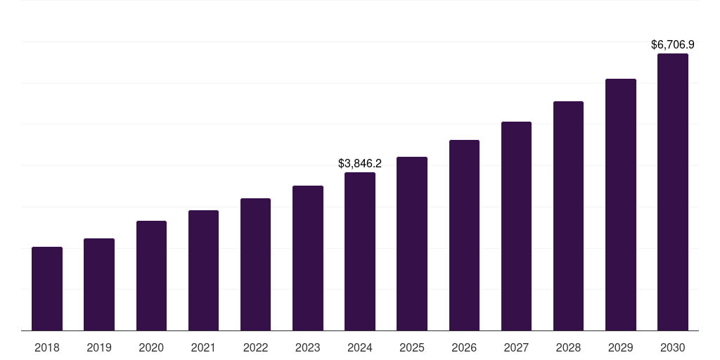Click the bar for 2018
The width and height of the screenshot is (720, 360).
coord(47,289)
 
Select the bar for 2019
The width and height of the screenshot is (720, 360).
coord(99,285)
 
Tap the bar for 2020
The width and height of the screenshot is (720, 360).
coord(151,276)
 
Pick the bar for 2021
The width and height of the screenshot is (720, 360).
coord(203,271)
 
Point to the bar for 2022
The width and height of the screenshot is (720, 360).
coord(255,264)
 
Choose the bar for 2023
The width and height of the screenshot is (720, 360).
coord(308,258)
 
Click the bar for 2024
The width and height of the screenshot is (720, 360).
coord(360,252)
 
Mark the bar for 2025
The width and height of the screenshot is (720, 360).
coord(412,244)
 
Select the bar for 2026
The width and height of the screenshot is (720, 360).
coord(464,236)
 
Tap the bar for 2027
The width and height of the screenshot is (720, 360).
coord(516,226)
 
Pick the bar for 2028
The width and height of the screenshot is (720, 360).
coord(568,216)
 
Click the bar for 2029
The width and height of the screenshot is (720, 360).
coord(620,205)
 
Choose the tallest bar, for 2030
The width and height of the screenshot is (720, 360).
coord(673,192)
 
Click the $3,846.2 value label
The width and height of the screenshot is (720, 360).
coord(360,163)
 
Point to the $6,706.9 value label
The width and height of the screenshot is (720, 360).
coord(673,45)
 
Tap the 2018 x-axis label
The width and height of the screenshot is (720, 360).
coord(47,347)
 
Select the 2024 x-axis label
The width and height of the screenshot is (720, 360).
coord(360,347)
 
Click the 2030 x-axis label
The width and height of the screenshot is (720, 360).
coord(673,347)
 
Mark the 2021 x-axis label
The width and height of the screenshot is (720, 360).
coord(203,347)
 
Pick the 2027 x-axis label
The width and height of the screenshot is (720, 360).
coord(516,347)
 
